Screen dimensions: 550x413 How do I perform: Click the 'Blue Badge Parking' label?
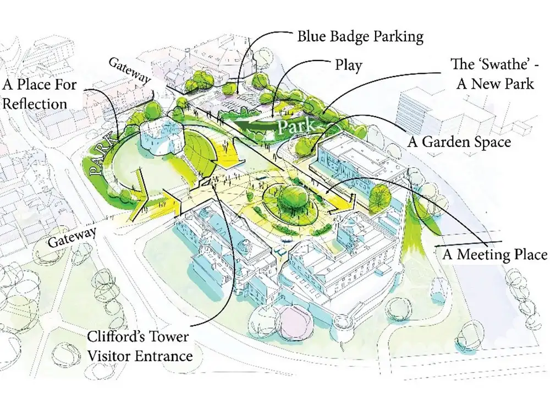click(360, 36)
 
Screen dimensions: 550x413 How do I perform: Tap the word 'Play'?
click(348, 65)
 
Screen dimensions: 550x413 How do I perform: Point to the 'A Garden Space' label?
click(459, 142)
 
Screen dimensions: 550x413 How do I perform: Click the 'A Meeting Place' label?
click(494, 254)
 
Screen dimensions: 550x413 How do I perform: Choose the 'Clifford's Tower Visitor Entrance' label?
click(140, 346)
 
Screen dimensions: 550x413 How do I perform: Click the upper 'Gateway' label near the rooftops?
click(130, 70)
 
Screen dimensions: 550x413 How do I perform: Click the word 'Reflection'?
click(34, 104)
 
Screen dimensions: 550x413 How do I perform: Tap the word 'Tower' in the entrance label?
click(166, 336)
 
